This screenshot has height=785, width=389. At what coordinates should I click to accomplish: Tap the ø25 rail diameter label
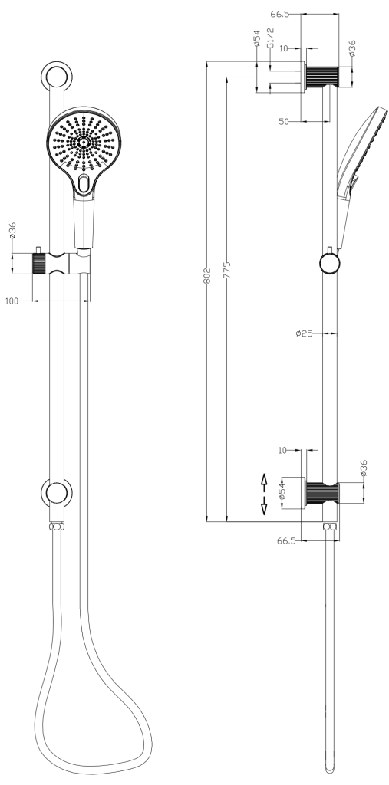[x=304, y=333]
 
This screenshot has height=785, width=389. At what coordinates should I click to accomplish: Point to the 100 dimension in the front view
[x=12, y=301]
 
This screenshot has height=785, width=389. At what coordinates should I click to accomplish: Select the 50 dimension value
[x=282, y=121]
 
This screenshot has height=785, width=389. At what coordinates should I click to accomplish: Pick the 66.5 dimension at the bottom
[x=286, y=540]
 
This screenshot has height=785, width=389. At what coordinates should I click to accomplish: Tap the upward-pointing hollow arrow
[x=264, y=481]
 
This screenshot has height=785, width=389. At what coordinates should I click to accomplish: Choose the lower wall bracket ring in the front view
[x=57, y=491]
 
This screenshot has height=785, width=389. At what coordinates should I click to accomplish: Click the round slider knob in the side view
[x=330, y=264]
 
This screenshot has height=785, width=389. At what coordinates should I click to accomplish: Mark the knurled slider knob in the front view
[x=40, y=263]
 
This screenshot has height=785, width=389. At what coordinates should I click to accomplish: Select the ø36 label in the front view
[x=13, y=232]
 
